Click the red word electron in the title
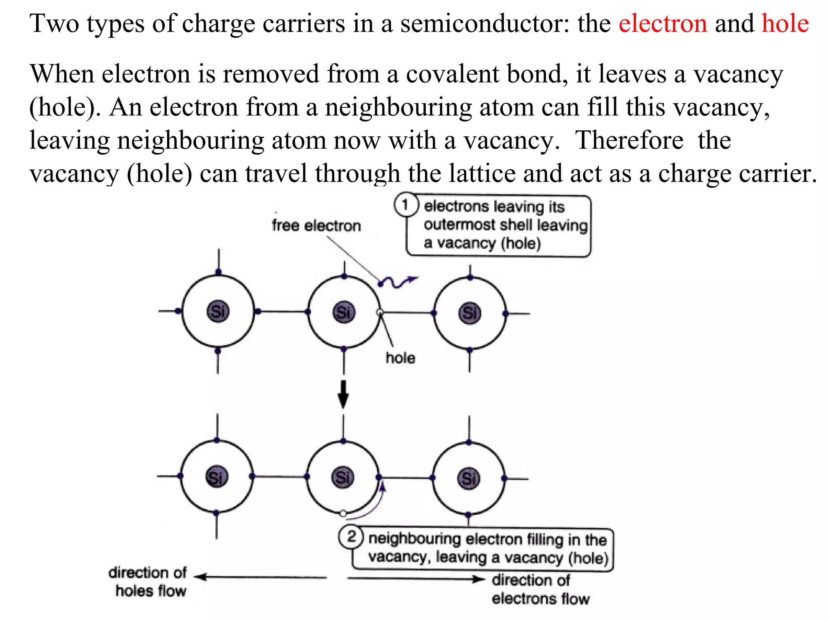coord(663,23)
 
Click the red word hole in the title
coord(785,23)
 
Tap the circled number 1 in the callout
coord(405,205)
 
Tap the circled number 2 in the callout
coord(351,537)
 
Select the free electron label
coord(316,226)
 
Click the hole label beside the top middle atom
coord(400,358)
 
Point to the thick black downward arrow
coord(343,394)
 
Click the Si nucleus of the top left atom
coord(218,312)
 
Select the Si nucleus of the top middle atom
coord(344,313)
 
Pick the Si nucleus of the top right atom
coord(470,313)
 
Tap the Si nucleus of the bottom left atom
coord(217,477)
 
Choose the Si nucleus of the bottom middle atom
coord(343,477)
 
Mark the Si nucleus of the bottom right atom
coord(469,479)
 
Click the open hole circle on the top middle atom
coord(380,312)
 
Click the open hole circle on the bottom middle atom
coord(343,513)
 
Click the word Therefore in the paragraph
coord(629,141)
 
